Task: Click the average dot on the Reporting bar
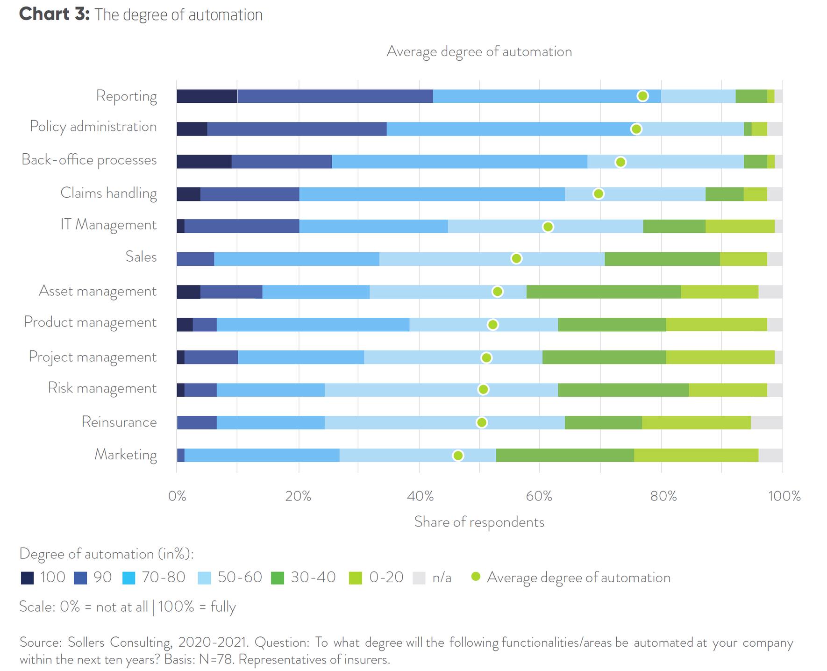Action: click(642, 96)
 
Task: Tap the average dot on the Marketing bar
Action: click(458, 456)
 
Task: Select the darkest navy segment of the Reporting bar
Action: click(207, 96)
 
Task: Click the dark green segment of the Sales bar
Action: click(662, 259)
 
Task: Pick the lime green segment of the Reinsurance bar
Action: click(696, 422)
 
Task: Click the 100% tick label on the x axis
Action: click(784, 496)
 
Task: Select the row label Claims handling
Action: click(108, 193)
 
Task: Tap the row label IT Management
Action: click(108, 225)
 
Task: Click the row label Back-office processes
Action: click(89, 160)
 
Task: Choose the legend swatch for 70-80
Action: click(128, 578)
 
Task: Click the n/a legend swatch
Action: click(419, 578)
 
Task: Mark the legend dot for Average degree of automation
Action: click(476, 577)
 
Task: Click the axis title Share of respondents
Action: click(479, 522)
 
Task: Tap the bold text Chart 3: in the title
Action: click(54, 14)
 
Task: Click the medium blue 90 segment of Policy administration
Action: click(297, 129)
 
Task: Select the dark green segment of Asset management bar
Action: click(603, 292)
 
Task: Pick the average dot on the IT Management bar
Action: click(548, 227)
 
